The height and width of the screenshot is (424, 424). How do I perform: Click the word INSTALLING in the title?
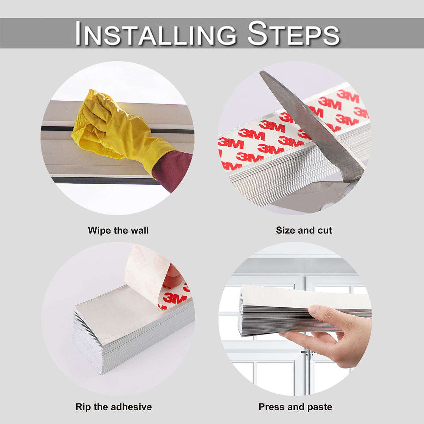[156, 34]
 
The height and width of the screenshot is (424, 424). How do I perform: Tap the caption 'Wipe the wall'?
[118, 230]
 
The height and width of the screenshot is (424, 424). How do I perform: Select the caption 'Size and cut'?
[304, 230]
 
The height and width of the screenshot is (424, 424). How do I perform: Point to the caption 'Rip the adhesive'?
[113, 407]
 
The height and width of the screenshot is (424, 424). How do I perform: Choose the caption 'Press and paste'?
[295, 407]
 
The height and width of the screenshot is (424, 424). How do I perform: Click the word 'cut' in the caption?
[325, 230]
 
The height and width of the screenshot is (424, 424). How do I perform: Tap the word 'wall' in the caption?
[140, 230]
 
